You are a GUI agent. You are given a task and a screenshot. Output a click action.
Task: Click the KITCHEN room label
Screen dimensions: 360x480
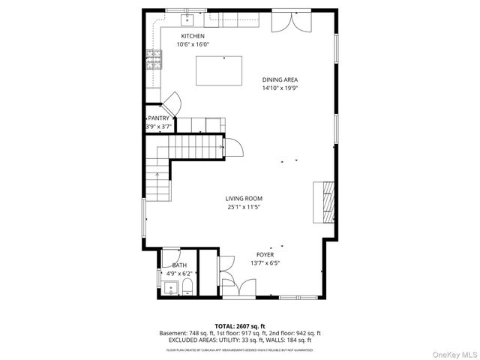[193, 36]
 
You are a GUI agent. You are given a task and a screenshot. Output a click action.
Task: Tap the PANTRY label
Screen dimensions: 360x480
[158, 118]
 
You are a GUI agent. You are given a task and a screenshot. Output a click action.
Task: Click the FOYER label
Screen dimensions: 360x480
[265, 255]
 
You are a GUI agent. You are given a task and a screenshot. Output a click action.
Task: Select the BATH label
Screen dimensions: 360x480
[179, 265]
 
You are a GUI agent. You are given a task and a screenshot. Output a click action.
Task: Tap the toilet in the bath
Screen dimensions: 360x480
[187, 288]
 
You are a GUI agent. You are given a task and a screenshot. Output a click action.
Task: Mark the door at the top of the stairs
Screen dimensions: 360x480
[231, 147]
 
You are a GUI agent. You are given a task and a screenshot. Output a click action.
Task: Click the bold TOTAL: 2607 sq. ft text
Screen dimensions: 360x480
[240, 325]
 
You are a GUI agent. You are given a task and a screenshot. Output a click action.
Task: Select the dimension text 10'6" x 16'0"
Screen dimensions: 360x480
[193, 44]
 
